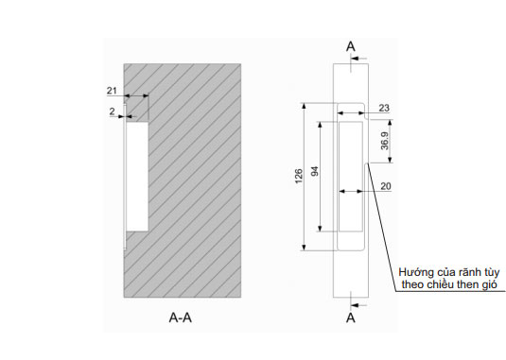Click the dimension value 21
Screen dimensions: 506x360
[x=112, y=91]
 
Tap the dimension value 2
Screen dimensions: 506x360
[x=112, y=111]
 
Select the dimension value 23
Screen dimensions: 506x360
[x=384, y=108]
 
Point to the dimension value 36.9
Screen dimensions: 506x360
[x=385, y=141]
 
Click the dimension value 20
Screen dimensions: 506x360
[x=386, y=186]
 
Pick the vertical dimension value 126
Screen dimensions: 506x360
[x=299, y=176]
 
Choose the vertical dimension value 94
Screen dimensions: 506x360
[x=315, y=171]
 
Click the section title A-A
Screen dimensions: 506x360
[x=181, y=317]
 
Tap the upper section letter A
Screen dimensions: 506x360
[x=351, y=46]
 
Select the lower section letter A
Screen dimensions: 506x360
[x=351, y=318]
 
